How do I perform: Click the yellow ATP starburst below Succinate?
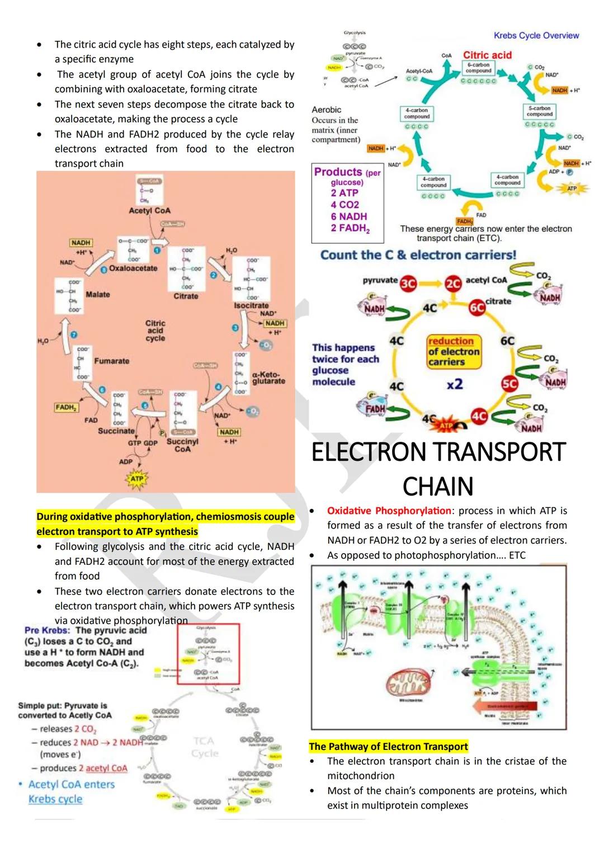(137, 479)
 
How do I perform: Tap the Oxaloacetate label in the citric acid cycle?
(133, 268)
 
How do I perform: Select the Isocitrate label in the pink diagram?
(251, 306)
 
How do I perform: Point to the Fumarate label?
(111, 361)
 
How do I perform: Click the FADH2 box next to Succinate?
(66, 407)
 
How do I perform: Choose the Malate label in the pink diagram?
(98, 295)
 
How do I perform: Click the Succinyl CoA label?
(182, 445)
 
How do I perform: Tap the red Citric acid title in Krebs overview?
(487, 55)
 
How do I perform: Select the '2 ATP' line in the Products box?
(344, 193)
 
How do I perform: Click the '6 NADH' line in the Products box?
(348, 216)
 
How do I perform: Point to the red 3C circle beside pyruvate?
(408, 284)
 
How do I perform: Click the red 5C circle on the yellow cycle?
(509, 384)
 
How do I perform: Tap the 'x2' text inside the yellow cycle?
(455, 384)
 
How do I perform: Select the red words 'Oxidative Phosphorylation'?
(389, 511)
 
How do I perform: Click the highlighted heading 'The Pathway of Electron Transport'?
(388, 746)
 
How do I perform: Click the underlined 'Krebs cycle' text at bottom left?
(55, 799)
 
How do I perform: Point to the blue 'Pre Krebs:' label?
(47, 630)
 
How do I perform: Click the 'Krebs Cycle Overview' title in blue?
(536, 35)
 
